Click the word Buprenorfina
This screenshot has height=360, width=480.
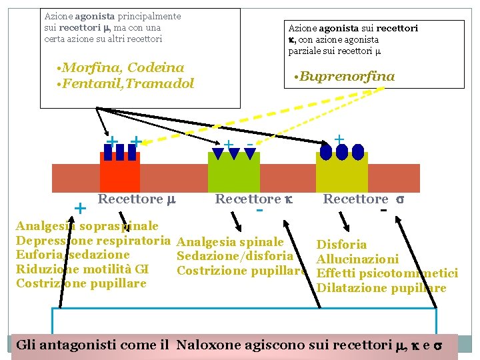point(347,77)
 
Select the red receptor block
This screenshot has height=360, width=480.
point(119,175)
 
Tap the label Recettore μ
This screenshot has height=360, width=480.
point(136,199)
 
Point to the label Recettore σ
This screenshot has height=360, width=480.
point(363,199)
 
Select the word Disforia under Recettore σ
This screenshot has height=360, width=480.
point(341,245)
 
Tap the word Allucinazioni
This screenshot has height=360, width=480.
point(357,259)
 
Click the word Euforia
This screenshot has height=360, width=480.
point(37,255)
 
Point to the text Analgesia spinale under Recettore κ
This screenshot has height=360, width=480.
point(231,242)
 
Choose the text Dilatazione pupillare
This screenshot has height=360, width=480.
point(381,288)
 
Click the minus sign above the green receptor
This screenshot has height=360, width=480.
point(249,144)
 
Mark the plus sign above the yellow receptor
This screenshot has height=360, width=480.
point(339,139)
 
